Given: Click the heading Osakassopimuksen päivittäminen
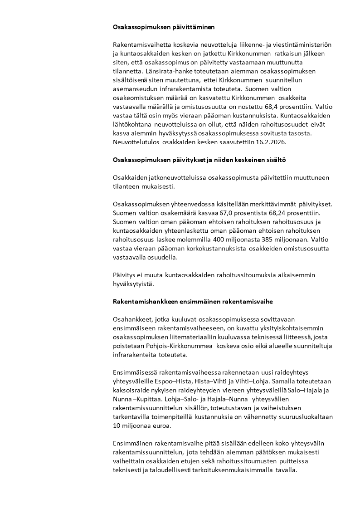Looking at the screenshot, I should (x=164, y=27).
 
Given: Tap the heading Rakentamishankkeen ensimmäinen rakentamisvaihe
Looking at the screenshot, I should (x=193, y=302).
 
